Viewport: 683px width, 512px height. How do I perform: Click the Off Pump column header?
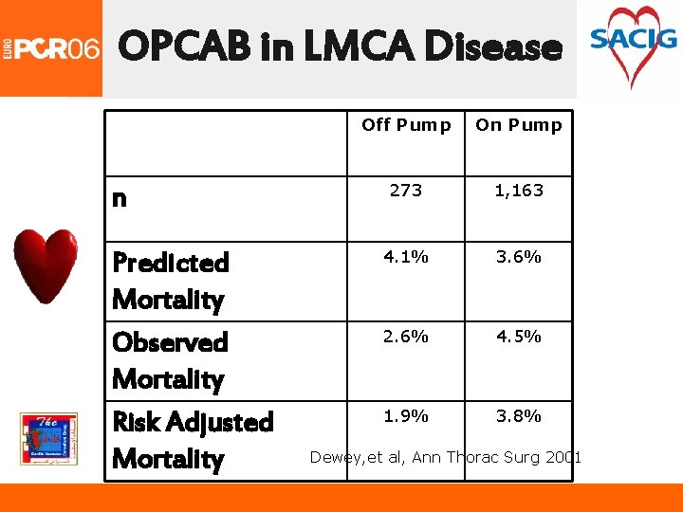point(406,125)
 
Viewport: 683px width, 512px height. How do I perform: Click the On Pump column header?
point(519,125)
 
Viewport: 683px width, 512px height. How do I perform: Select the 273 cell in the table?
point(406,191)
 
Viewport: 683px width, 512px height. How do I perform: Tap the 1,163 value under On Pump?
point(519,191)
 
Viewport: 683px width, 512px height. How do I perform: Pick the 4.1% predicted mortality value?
point(406,257)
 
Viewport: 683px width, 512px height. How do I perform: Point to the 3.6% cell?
point(519,257)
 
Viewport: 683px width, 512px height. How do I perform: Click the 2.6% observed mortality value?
point(406,337)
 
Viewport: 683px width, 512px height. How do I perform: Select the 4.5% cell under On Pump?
point(519,337)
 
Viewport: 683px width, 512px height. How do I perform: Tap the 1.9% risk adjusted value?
point(406,416)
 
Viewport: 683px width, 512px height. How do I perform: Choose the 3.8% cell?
point(519,416)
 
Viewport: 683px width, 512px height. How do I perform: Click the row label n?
point(120,198)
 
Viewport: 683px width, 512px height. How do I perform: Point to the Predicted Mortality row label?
point(170,281)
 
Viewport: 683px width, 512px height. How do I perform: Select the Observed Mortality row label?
point(170,360)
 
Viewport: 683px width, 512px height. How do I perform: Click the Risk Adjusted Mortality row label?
point(192,440)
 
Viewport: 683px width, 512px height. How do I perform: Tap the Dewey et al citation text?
point(446,458)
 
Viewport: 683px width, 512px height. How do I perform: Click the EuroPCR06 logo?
point(51,48)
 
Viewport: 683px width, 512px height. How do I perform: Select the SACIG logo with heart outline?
point(633,44)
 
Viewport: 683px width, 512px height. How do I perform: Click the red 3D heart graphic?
point(46,265)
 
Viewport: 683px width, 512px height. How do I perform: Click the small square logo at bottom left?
point(48,439)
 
